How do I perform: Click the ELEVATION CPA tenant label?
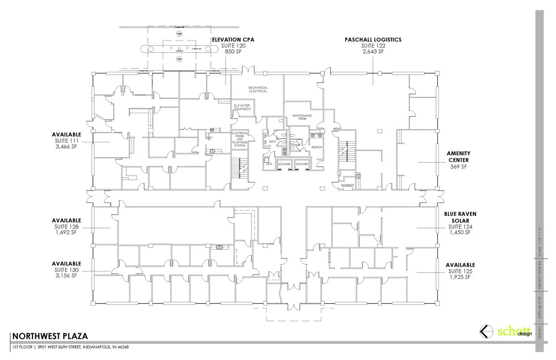pos(233,40)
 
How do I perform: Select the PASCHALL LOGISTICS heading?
pos(373,40)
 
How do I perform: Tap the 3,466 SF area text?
pos(66,147)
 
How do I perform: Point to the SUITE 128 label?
pos(66,227)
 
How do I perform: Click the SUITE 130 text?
pos(66,270)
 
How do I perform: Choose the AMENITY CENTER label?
pos(458,157)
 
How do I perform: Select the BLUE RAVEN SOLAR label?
pos(460,217)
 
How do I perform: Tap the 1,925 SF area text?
pos(460,277)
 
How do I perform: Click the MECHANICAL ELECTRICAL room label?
pos(258,89)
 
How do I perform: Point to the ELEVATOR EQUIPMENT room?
pos(243,107)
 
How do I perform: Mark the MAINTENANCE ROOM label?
pos(302,117)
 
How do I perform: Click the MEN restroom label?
pos(272,141)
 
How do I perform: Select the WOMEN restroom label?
pos(317,147)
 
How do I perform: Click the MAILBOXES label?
pos(347,185)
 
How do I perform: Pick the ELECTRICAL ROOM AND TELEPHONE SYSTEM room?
pos(239,139)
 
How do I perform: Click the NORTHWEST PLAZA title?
pos(50,336)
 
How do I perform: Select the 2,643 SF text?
pos(373,52)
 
